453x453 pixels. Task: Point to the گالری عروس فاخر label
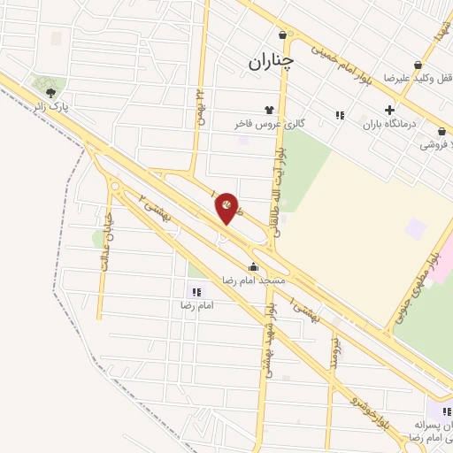click(269, 125)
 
